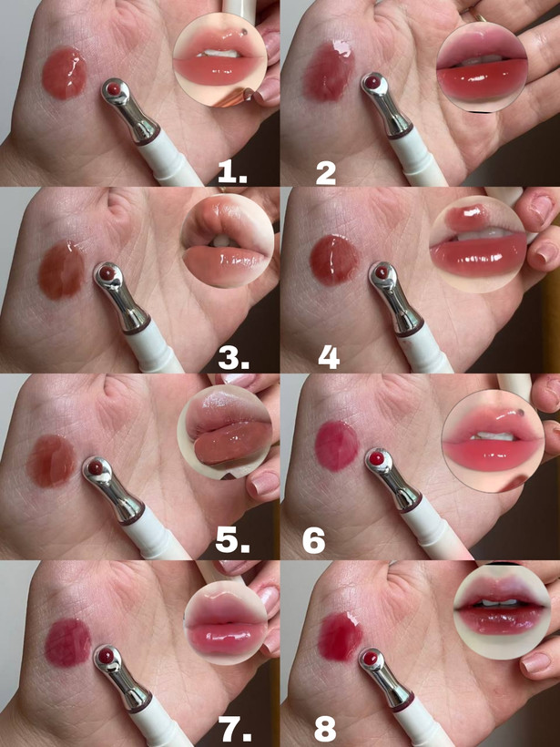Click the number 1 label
pyautogui.click(x=232, y=172)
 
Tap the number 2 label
pyautogui.click(x=326, y=173)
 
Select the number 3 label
pyautogui.click(x=233, y=358)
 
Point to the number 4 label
pyautogui.click(x=329, y=358)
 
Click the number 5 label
pyautogui.click(x=233, y=541)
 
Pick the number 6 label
pyautogui.click(x=314, y=541)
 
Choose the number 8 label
pyautogui.click(x=325, y=729)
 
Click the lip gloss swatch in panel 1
pyautogui.click(x=65, y=73)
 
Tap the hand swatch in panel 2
pyautogui.click(x=329, y=71)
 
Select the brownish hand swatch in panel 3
pyautogui.click(x=61, y=271)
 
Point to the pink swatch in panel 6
pyautogui.click(x=337, y=445)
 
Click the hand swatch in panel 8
pyautogui.click(x=340, y=637)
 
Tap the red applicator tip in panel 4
pyautogui.click(x=381, y=272)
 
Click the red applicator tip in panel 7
pyautogui.click(x=106, y=657)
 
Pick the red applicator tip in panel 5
pyautogui.click(x=95, y=468)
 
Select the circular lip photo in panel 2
pyautogui.click(x=482, y=67)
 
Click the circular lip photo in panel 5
pyautogui.click(x=225, y=432)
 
